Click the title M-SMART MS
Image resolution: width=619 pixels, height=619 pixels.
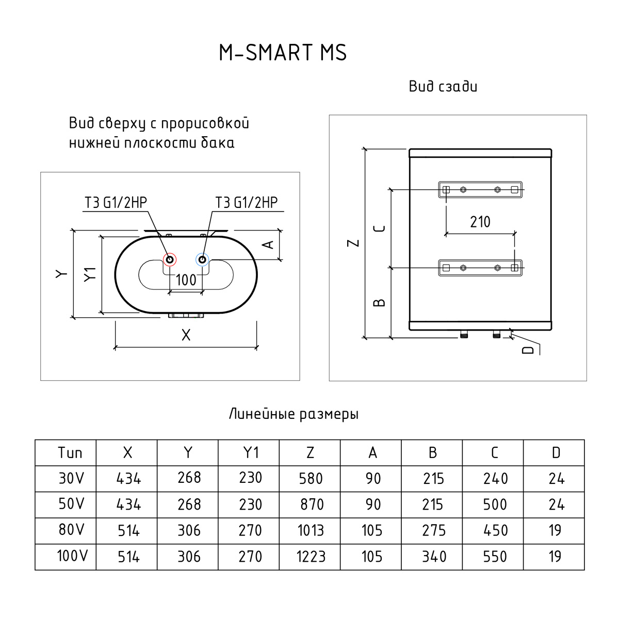pyautogui.click(x=283, y=53)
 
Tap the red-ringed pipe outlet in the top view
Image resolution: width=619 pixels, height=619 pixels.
pyautogui.click(x=169, y=259)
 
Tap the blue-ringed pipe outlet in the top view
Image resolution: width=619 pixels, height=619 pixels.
pyautogui.click(x=202, y=259)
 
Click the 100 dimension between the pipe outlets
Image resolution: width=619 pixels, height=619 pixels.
pyautogui.click(x=186, y=280)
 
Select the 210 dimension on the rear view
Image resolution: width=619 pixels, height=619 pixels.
pyautogui.click(x=480, y=222)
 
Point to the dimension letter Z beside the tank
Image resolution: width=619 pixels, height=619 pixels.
pyautogui.click(x=353, y=243)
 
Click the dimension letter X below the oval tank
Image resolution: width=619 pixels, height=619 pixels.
pyautogui.click(x=186, y=335)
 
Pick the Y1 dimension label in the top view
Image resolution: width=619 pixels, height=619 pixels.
pyautogui.click(x=90, y=274)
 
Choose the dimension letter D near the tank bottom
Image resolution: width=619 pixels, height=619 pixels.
pyautogui.click(x=527, y=350)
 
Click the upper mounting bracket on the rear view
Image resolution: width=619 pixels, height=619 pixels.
pyautogui.click(x=480, y=190)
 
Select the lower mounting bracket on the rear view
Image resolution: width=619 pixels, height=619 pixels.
pyautogui.click(x=480, y=267)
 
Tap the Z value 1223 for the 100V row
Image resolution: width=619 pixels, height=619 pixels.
pyautogui.click(x=311, y=557)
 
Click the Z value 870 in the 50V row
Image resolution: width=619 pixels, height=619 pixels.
pyautogui.click(x=312, y=504)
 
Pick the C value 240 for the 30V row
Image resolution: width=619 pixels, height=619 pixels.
pyautogui.click(x=495, y=479)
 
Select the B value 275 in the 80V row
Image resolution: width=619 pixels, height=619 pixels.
pyautogui.click(x=434, y=531)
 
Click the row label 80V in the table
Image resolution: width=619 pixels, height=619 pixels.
pyautogui.click(x=70, y=530)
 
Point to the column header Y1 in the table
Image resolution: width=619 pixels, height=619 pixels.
pyautogui.click(x=251, y=453)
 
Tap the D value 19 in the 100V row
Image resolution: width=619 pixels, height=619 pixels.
pyautogui.click(x=555, y=557)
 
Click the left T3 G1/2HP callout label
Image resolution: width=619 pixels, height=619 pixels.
pyautogui.click(x=116, y=203)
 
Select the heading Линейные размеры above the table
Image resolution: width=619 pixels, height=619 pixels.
pyautogui.click(x=294, y=414)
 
